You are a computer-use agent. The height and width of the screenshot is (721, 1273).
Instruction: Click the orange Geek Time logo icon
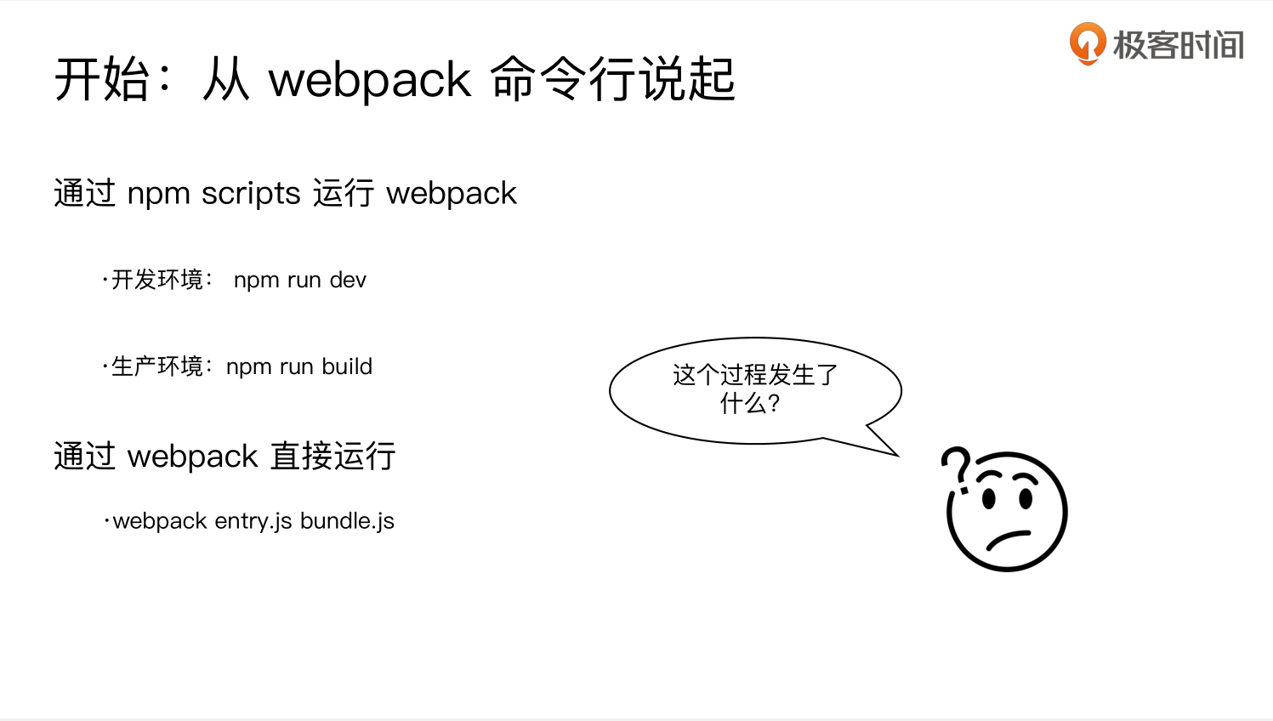pos(1088,43)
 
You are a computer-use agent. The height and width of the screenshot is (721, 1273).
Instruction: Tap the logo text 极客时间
pos(1179,45)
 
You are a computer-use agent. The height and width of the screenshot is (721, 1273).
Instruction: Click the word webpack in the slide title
pos(369,80)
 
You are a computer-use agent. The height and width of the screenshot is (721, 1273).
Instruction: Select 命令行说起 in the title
pos(612,79)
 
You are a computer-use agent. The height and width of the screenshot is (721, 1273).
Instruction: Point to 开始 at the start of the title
pos(102,79)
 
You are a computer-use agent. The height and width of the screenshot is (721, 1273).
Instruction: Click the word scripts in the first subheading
pos(251,194)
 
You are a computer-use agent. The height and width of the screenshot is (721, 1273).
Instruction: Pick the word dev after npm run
pos(348,280)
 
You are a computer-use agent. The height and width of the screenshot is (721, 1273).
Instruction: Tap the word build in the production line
pos(347,366)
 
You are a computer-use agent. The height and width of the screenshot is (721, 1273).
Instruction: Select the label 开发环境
pos(157,280)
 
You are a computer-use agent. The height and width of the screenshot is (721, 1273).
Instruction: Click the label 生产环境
pos(157,366)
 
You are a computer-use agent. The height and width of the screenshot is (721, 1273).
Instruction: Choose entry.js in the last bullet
pos(253,521)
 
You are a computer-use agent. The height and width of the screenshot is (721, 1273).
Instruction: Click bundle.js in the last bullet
pos(347,521)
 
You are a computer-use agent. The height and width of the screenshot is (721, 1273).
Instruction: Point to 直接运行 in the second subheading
pos(333,457)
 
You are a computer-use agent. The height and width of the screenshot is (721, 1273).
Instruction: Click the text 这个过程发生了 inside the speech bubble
pos(755,375)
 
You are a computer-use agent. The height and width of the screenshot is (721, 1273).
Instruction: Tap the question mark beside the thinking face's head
pos(957,468)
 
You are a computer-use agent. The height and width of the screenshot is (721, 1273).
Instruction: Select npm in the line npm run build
pos(248,366)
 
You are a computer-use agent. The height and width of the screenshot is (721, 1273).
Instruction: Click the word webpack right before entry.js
pos(160,521)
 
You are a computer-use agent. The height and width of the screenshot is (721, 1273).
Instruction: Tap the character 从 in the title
pos(226,79)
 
